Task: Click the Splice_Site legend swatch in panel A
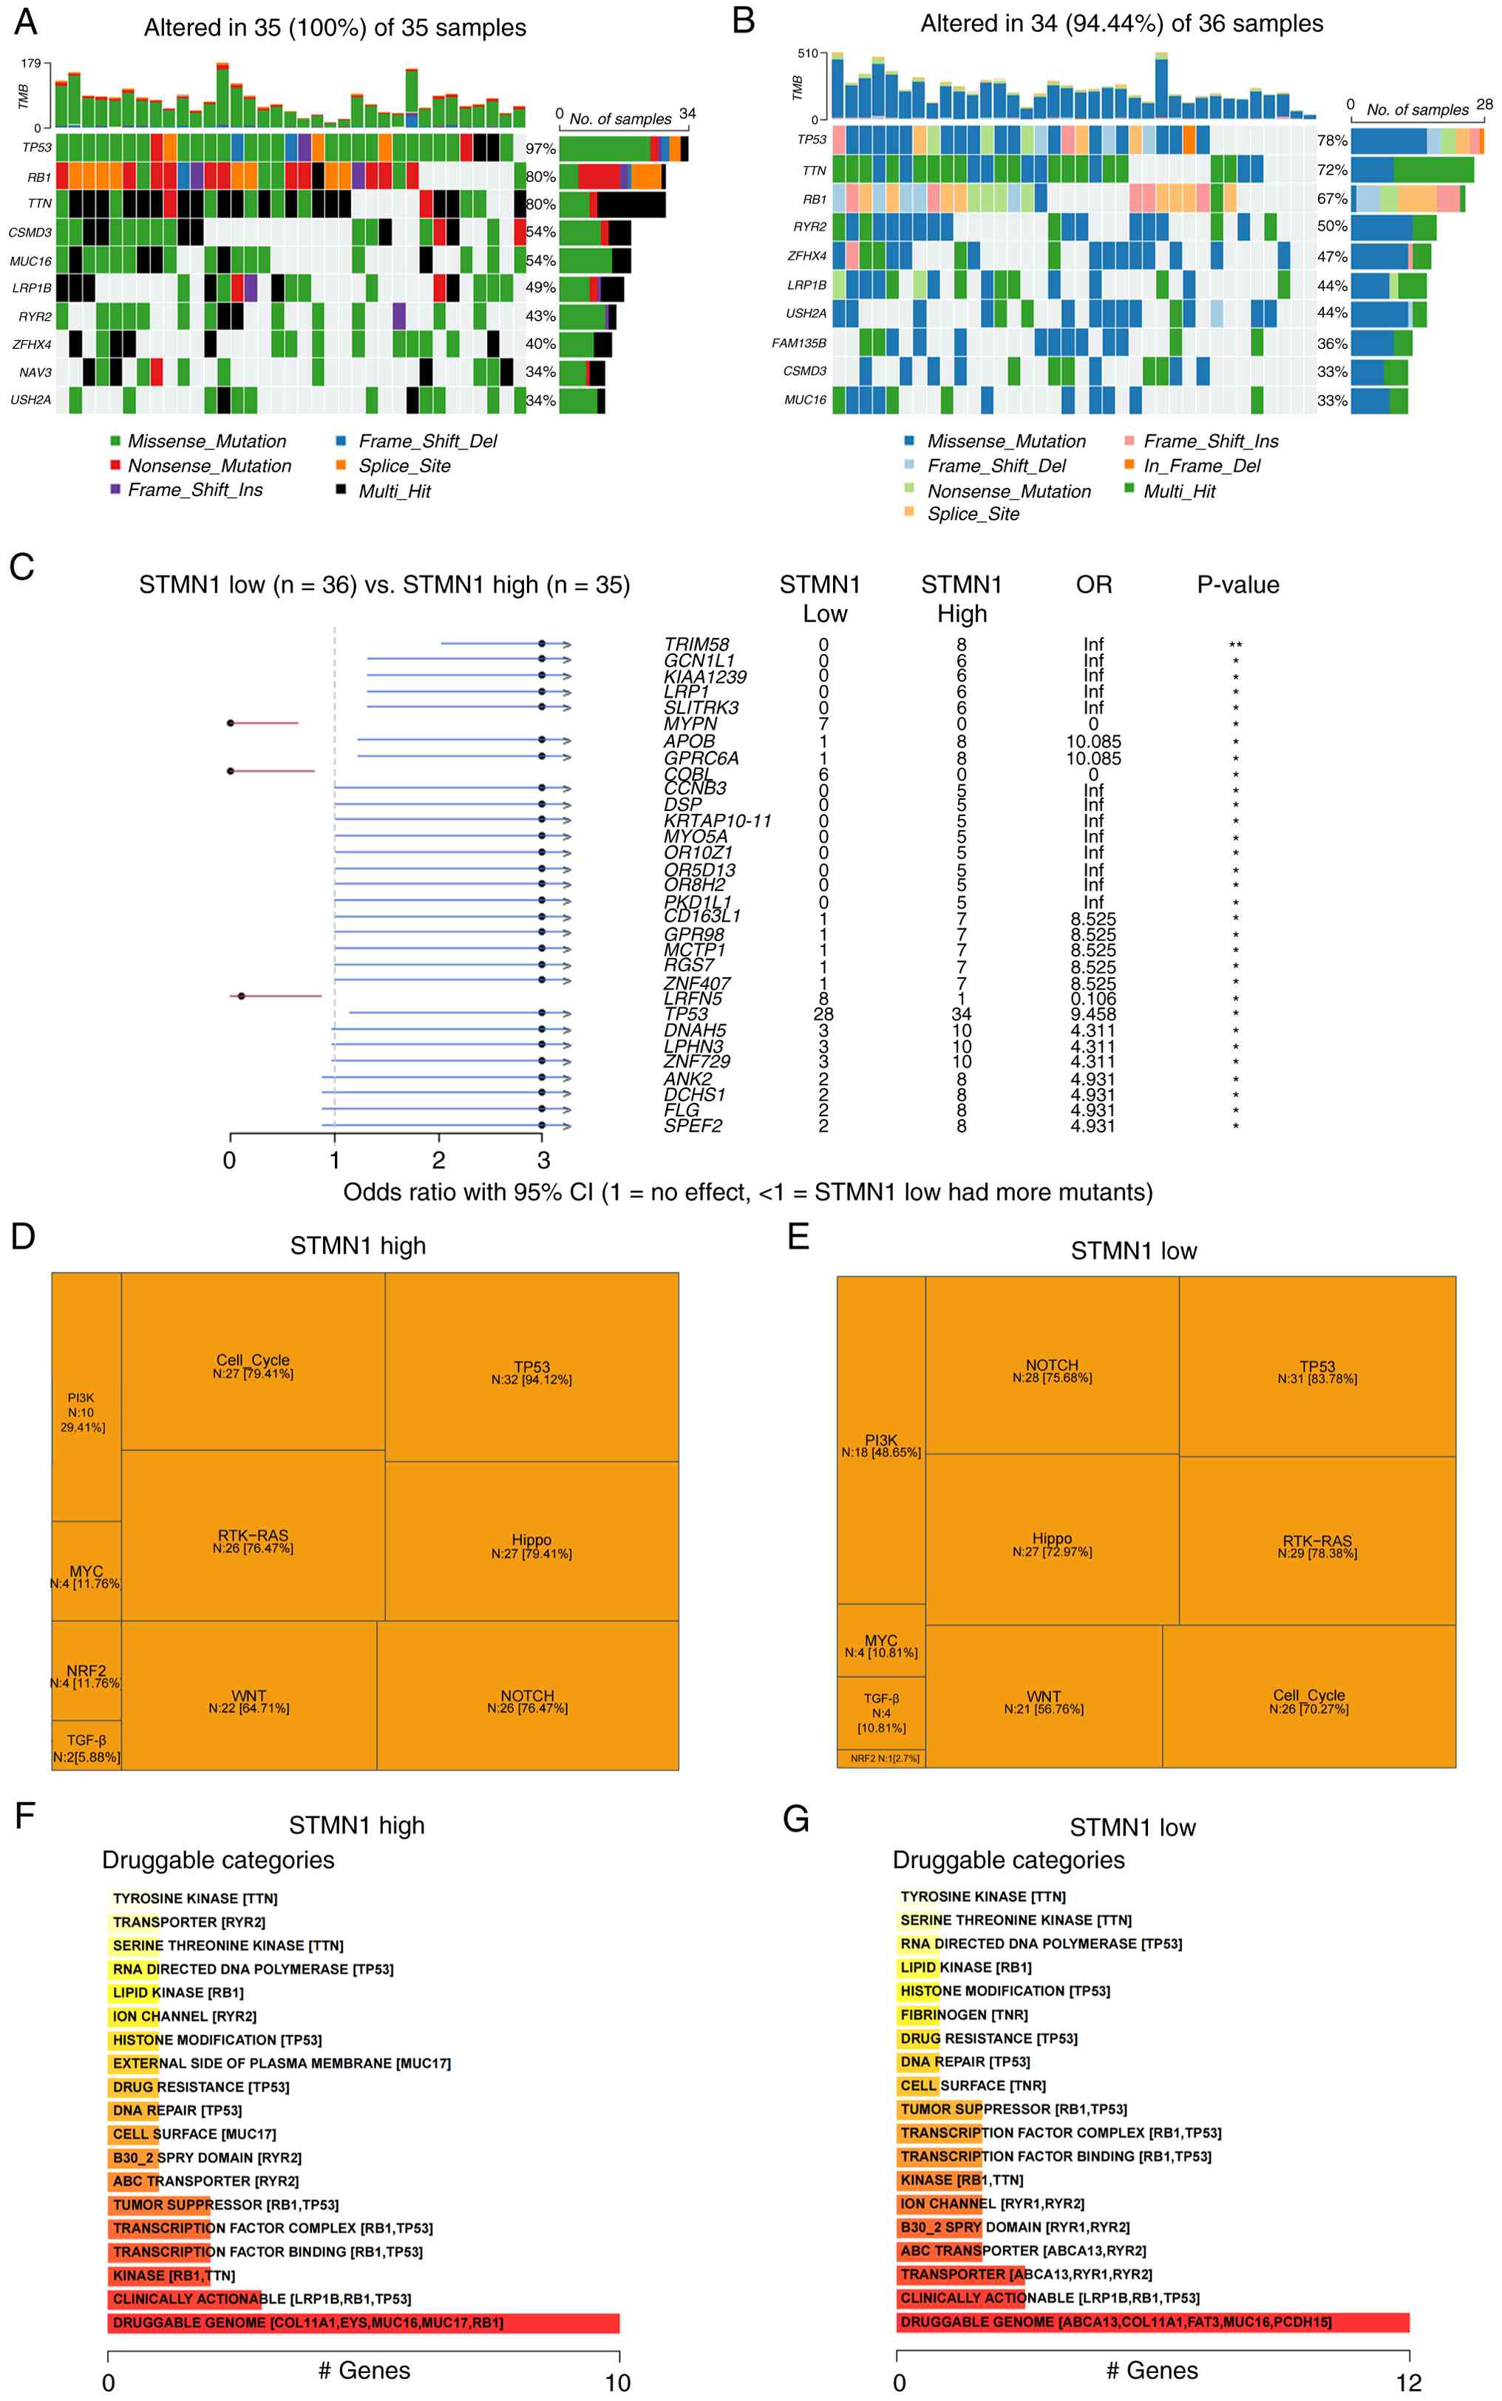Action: point(341,465)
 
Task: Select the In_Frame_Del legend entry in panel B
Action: point(1129,465)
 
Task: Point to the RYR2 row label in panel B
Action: point(809,226)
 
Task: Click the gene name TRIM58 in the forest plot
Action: point(696,644)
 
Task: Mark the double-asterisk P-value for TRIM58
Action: point(1236,645)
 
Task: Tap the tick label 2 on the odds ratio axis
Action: point(439,1161)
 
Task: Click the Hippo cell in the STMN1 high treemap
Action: point(531,1546)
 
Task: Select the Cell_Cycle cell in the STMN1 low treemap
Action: point(1308,1701)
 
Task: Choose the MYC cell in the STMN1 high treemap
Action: point(86,1577)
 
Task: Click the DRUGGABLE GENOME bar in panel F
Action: point(363,2323)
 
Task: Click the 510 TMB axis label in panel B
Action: point(808,54)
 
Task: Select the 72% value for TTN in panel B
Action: point(1332,170)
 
